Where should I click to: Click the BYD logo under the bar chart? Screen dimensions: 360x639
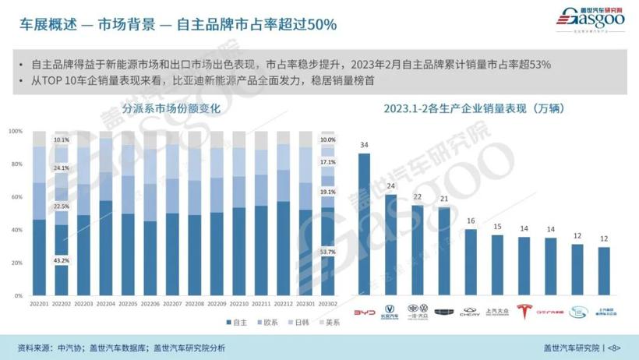tap(364, 312)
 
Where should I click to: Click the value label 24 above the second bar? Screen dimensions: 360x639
tap(390, 186)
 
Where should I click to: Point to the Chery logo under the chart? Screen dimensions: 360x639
tap(471, 312)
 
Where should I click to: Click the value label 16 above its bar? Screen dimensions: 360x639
tap(471, 221)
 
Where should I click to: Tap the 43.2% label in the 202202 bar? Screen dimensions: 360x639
tap(62, 259)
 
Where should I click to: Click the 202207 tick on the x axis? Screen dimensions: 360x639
tap(173, 304)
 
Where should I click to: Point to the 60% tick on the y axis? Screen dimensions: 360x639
tap(16, 197)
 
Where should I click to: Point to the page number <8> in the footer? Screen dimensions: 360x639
tap(615, 347)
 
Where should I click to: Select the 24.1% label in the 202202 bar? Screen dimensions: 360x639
tap(62, 168)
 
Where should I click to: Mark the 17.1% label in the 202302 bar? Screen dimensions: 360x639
tap(328, 162)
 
